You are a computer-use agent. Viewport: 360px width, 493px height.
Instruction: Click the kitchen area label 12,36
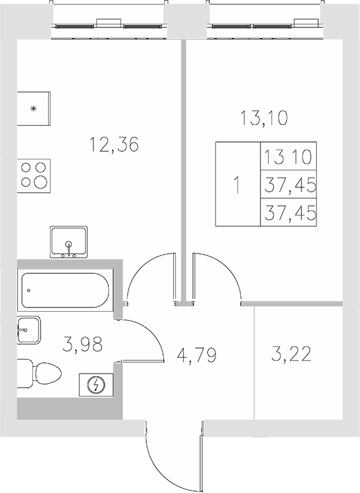pos(113,145)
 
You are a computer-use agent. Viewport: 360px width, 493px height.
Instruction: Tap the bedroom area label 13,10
pos(263,117)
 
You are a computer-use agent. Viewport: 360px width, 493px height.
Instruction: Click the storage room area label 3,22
pos(291,356)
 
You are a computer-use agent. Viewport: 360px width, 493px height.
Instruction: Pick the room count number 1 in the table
pos(237,185)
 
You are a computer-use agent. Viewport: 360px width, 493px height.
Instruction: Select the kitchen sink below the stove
pos(70,242)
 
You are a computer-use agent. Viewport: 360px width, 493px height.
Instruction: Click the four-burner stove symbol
pos(34,174)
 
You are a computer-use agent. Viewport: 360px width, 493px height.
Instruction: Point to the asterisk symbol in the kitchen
pos(34,108)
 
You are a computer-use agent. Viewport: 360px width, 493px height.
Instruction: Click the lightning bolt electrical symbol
pos(95,386)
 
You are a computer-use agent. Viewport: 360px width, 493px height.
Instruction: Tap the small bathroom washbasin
pos(27,331)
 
